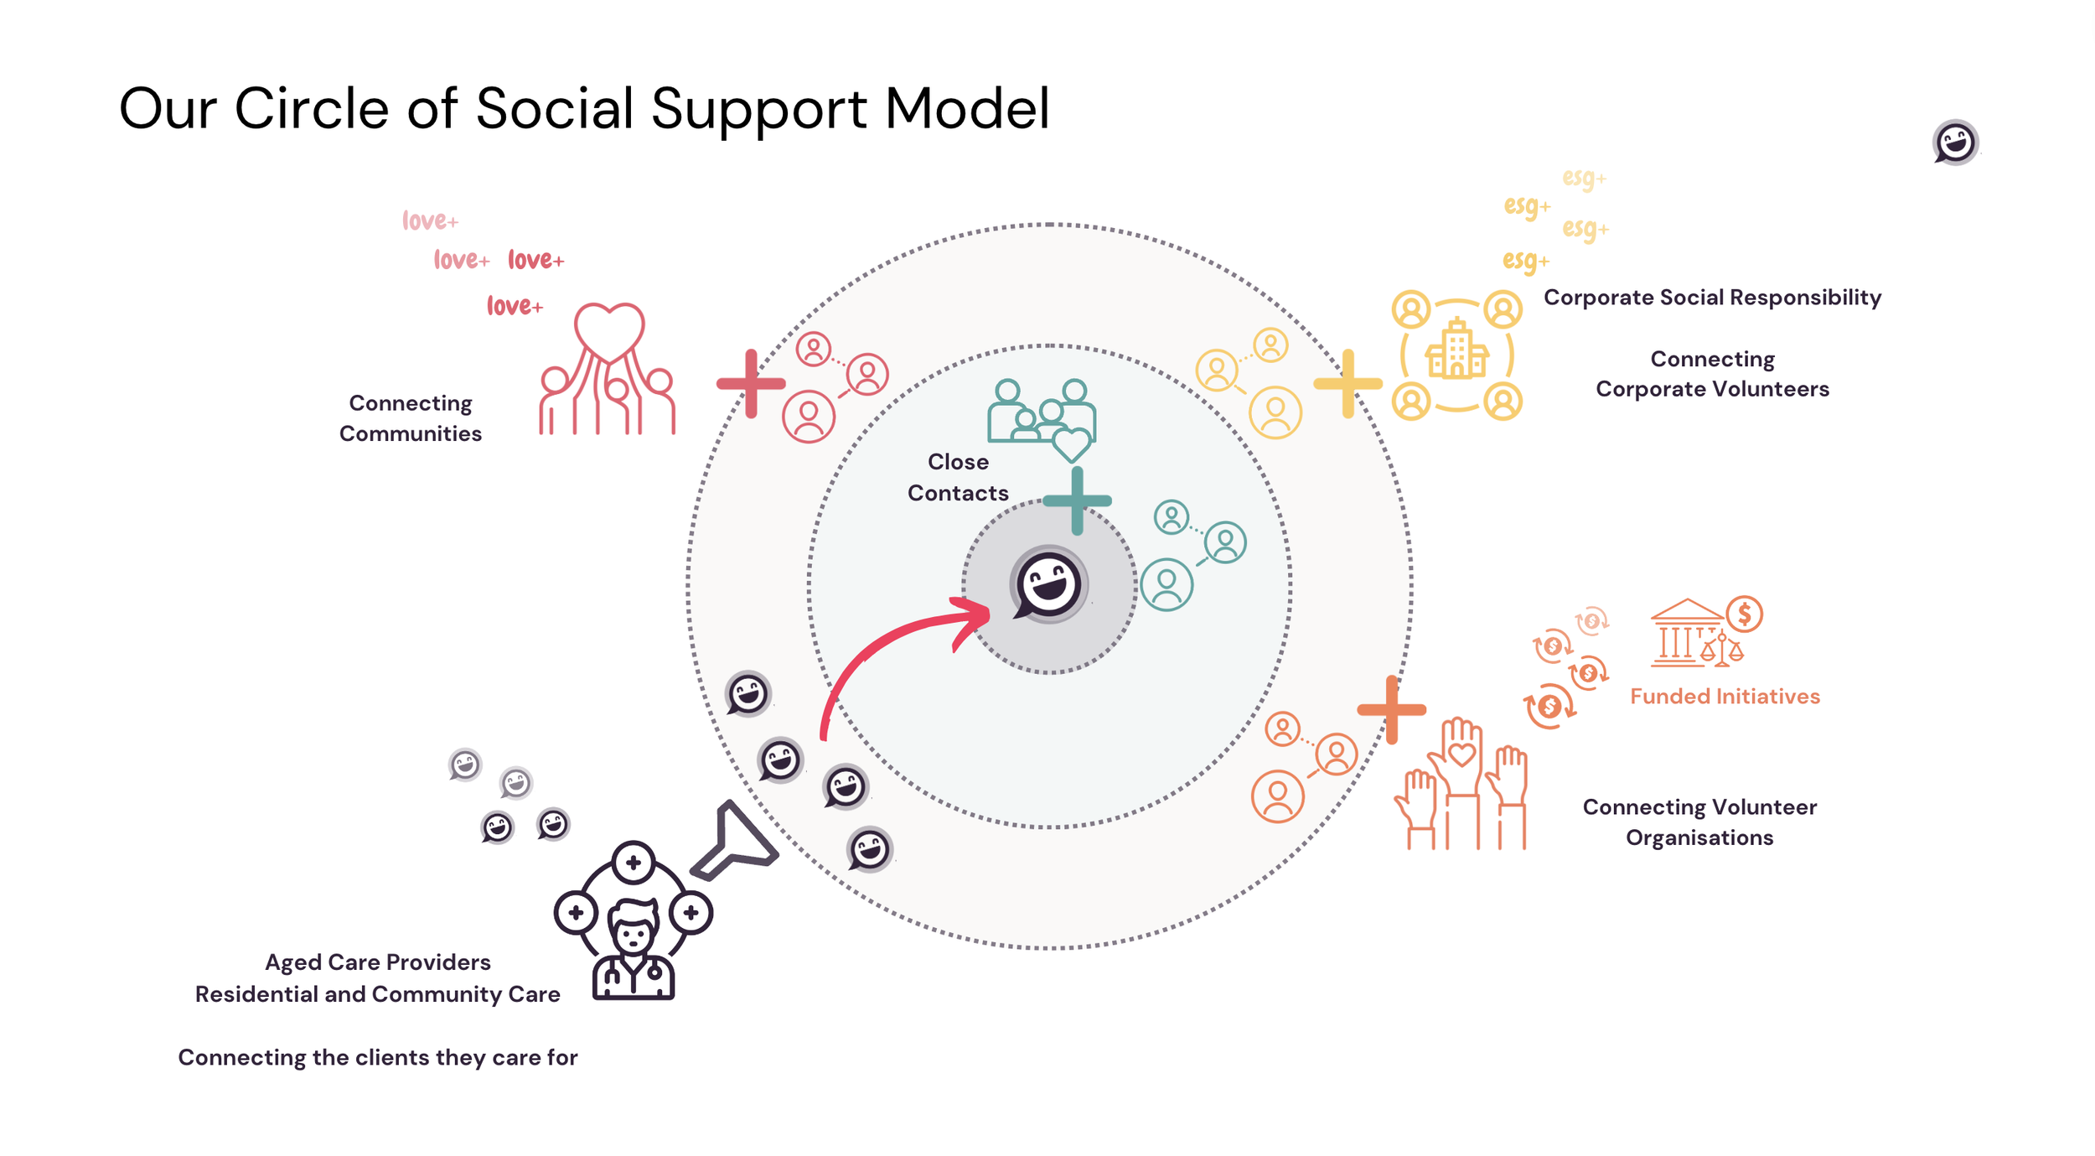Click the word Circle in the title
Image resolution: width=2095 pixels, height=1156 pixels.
311,109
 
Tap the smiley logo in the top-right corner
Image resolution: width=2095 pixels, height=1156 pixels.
1955,142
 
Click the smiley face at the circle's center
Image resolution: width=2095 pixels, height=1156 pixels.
1048,584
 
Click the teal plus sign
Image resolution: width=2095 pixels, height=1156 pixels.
1077,501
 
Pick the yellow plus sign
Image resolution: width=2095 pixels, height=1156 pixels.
1348,384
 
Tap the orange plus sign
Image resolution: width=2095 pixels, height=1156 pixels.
1391,710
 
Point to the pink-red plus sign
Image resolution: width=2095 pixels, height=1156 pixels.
751,384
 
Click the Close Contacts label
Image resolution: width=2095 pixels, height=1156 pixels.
958,477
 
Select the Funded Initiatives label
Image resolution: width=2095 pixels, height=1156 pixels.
1725,697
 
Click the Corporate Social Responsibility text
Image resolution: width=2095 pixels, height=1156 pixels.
1712,298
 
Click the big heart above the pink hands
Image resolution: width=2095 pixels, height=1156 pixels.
609,329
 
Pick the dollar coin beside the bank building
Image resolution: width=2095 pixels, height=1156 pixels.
1744,614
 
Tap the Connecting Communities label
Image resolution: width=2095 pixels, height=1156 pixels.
410,418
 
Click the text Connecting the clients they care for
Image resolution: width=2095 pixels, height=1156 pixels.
378,1058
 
